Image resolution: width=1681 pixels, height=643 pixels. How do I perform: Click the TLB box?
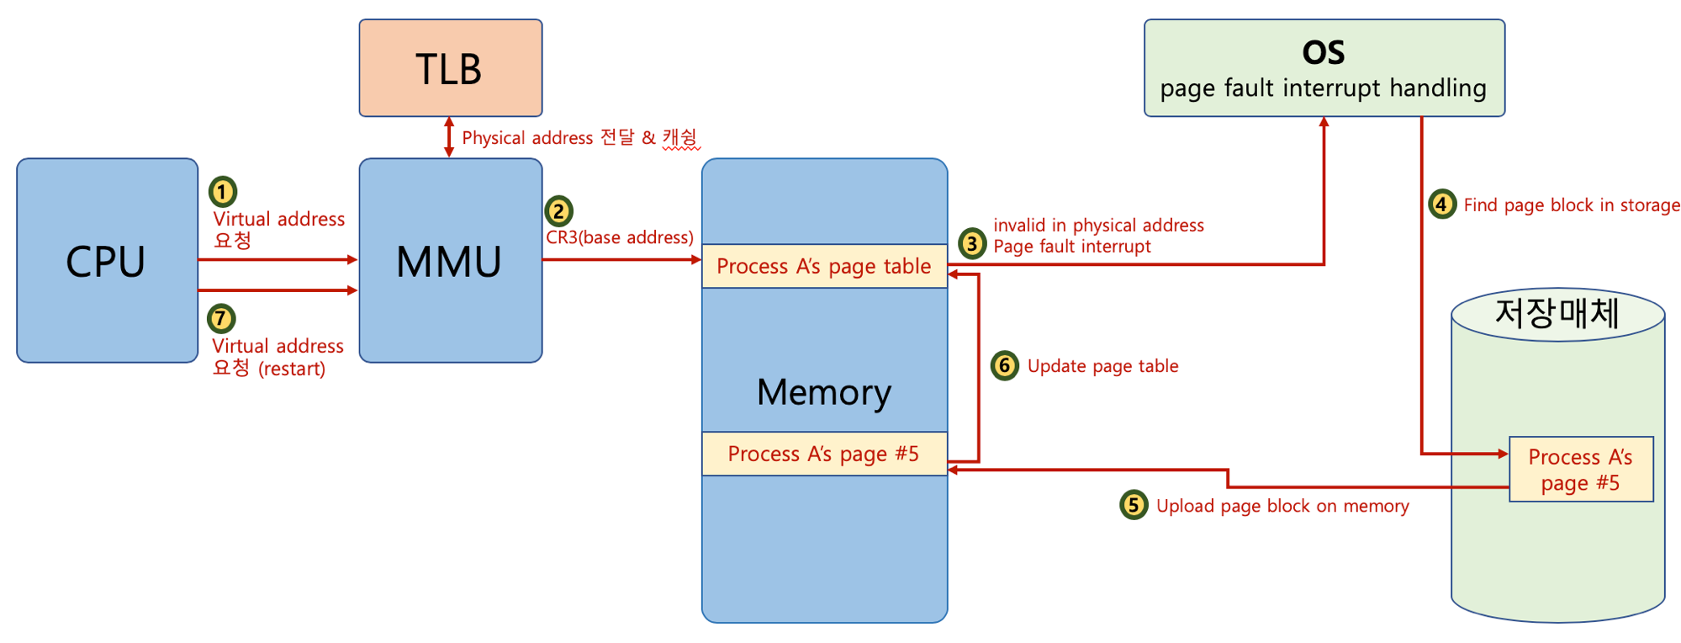click(x=451, y=68)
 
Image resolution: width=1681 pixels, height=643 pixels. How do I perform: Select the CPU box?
click(x=108, y=261)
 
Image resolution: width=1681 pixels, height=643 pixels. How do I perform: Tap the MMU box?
click(x=451, y=261)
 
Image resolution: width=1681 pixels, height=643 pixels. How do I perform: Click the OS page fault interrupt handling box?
click(x=1324, y=68)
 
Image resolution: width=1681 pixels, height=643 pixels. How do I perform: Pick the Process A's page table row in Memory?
click(x=825, y=266)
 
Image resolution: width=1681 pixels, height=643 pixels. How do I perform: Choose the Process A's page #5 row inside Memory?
click(x=825, y=454)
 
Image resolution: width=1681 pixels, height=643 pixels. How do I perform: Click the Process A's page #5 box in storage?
click(x=1581, y=469)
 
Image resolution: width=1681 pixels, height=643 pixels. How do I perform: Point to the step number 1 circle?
click(x=223, y=192)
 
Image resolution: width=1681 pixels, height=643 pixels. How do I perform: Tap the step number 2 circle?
click(x=558, y=210)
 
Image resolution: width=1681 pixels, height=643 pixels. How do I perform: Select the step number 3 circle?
click(x=972, y=243)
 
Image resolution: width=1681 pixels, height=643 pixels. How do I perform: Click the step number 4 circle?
click(x=1442, y=204)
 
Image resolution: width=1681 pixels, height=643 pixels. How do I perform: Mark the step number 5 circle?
click(x=1134, y=504)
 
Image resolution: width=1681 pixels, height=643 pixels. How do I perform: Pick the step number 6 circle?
click(x=1004, y=365)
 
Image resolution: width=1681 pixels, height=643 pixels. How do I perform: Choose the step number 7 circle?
click(x=221, y=318)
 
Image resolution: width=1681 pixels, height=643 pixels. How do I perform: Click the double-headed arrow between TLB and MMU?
click(x=449, y=137)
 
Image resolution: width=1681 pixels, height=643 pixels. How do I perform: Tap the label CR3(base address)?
click(x=620, y=237)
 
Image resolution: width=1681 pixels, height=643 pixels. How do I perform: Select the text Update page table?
click(x=1102, y=366)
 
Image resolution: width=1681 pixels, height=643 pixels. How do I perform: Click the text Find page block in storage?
click(x=1572, y=205)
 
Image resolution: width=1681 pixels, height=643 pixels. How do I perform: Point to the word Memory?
click(x=824, y=392)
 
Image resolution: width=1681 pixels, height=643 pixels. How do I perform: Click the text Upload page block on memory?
click(x=1282, y=506)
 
